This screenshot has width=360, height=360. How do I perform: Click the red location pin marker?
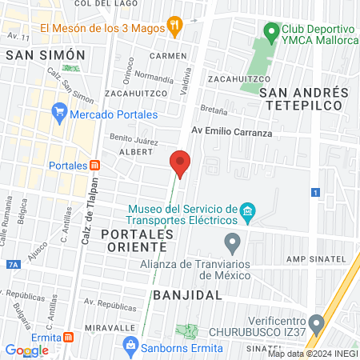click(180, 164)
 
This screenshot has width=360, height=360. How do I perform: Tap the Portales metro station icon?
click(95, 165)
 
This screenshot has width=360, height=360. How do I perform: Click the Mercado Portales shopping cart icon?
click(58, 113)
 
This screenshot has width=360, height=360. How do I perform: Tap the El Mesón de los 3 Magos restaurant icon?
click(174, 25)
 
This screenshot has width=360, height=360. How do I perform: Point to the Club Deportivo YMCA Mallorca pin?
click(272, 34)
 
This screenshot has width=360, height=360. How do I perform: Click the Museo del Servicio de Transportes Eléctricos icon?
click(248, 212)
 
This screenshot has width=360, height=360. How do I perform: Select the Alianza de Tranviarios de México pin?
click(233, 242)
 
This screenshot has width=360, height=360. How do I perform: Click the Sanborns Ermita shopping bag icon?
click(129, 345)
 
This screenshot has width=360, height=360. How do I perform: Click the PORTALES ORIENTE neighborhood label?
click(138, 241)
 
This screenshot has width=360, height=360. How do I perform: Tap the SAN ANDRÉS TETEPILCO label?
click(301, 98)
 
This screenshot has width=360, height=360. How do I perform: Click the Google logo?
click(27, 350)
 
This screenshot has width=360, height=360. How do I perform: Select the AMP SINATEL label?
click(315, 258)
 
